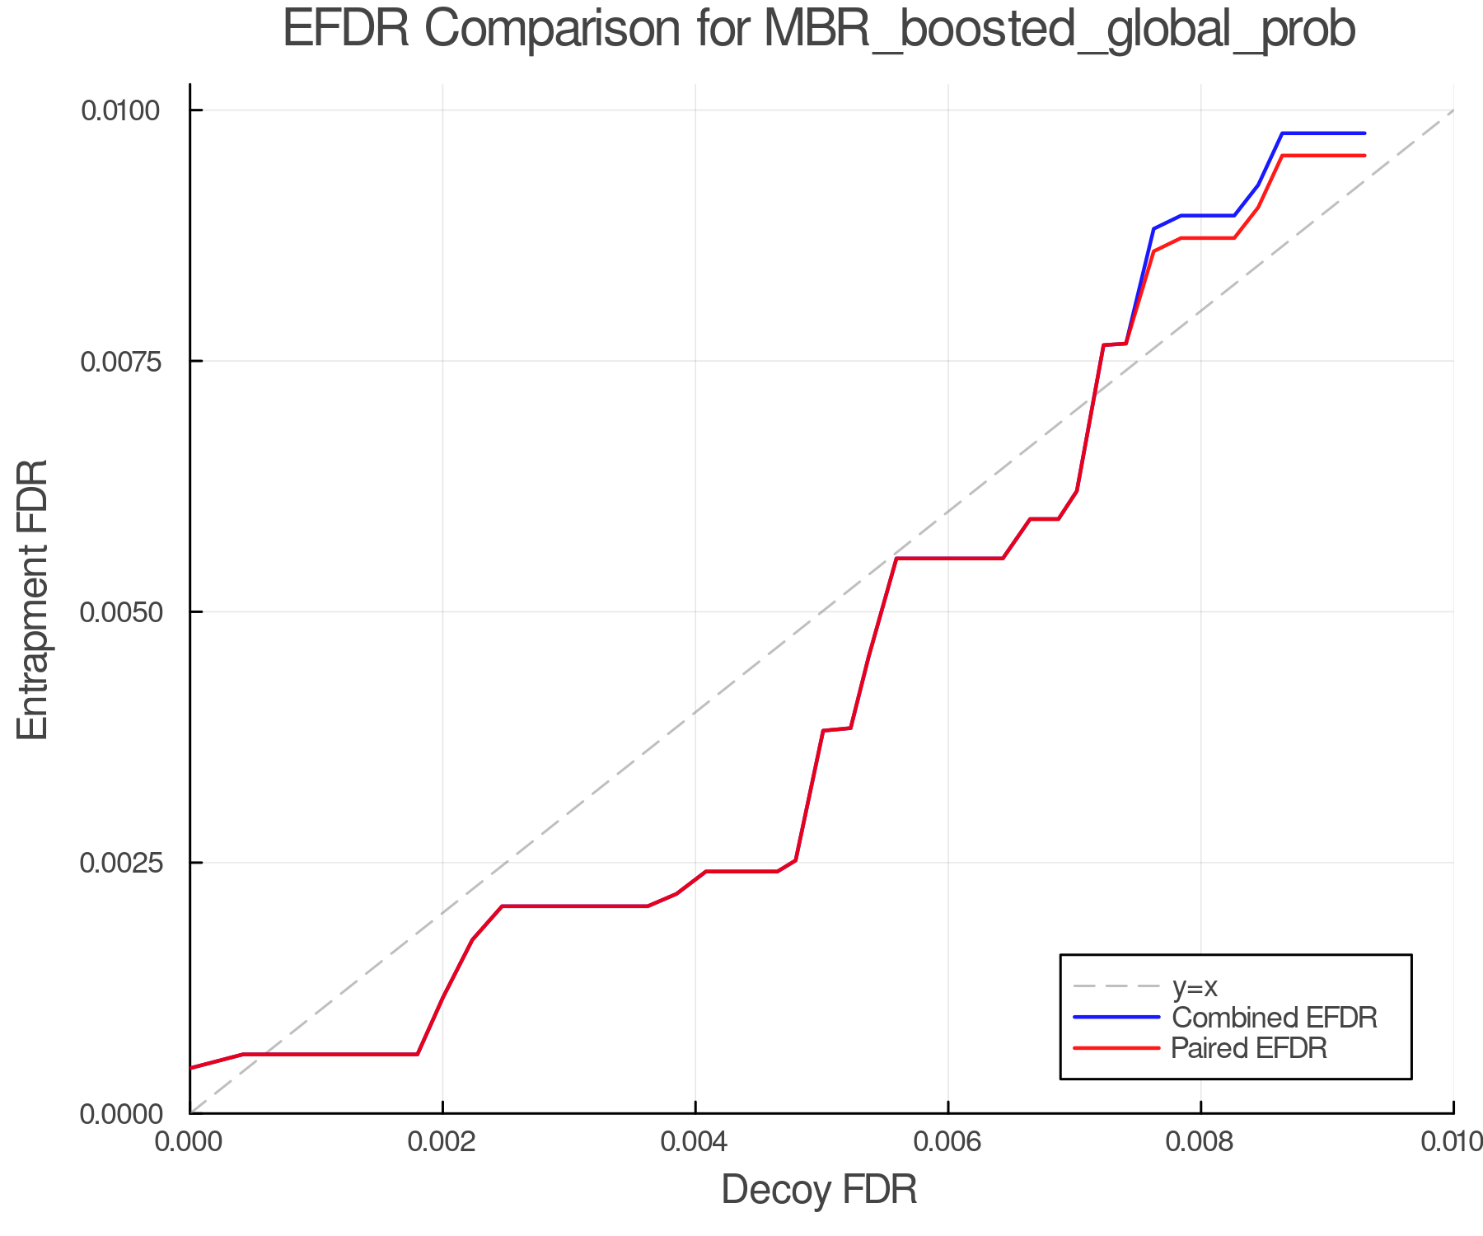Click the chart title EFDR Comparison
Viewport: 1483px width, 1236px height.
click(819, 30)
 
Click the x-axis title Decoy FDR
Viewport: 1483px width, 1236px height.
click(819, 1190)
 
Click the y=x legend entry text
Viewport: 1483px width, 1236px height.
click(1195, 986)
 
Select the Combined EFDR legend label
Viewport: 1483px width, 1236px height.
click(1274, 1018)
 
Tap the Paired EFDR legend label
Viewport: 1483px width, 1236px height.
click(1249, 1048)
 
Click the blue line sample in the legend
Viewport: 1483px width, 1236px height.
click(1116, 1018)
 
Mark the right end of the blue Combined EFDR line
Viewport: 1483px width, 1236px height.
click(1365, 133)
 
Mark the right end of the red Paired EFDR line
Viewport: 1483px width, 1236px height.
click(1365, 156)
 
